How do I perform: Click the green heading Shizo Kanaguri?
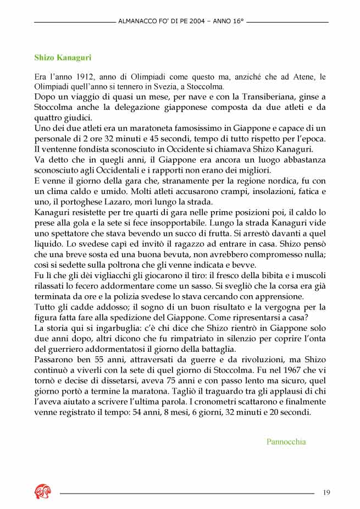[x=63, y=57]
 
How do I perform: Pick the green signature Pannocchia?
[x=286, y=441]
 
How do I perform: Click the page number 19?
[x=326, y=492]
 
